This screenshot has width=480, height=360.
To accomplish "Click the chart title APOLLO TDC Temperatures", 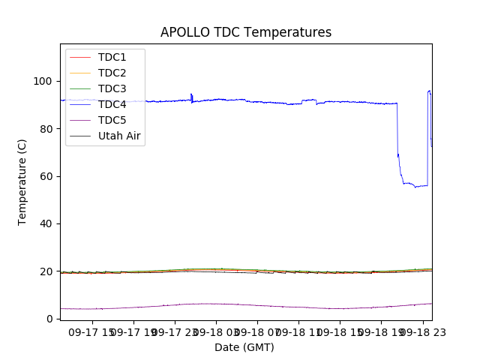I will click(x=246, y=33).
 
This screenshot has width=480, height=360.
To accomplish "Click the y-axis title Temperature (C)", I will click(x=22, y=182).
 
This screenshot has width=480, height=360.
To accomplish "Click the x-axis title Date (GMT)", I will click(x=244, y=347).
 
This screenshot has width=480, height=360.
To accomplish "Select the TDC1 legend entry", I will click(x=112, y=58).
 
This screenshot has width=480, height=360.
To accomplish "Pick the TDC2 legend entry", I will click(x=112, y=73).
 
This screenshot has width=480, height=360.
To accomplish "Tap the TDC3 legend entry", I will click(x=112, y=89).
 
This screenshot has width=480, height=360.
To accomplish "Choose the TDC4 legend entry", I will click(x=112, y=105).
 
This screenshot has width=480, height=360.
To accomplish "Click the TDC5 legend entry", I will click(x=112, y=121).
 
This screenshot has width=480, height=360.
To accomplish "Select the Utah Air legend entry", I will click(x=119, y=136).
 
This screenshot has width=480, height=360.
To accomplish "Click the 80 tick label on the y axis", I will click(x=46, y=129).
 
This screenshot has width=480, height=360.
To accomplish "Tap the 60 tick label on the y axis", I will click(x=46, y=176).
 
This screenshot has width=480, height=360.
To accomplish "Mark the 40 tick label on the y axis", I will click(x=46, y=223).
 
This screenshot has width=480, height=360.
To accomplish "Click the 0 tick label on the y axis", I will click(x=49, y=319).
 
